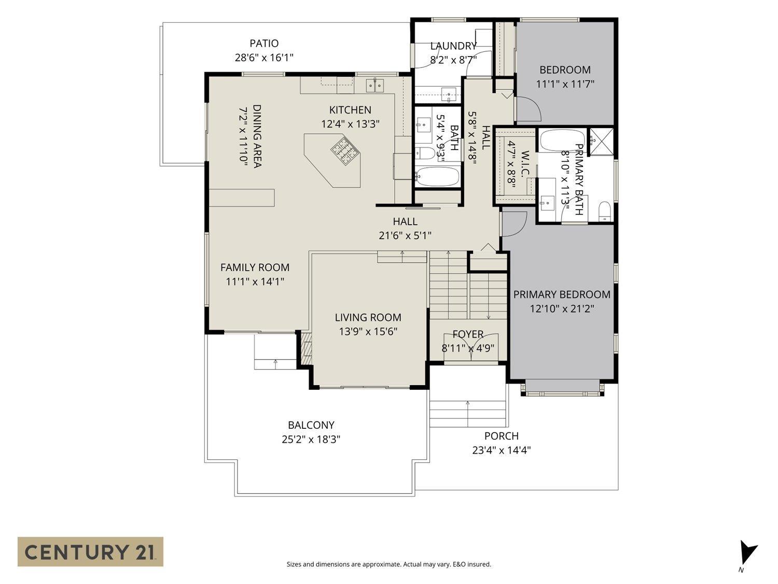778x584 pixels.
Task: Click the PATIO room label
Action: coord(264,43)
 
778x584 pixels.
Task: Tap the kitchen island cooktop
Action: coord(345,152)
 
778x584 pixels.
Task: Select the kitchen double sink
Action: coord(374,85)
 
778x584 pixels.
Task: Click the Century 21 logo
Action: coord(90,551)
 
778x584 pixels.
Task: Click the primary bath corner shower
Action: coord(601,142)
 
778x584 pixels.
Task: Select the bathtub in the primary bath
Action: coord(563,141)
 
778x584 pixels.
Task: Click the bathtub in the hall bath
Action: coord(437,176)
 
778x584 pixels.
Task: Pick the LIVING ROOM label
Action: coord(368,317)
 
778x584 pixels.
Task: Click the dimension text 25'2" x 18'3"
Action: coord(311,439)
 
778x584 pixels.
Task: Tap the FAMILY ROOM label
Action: coord(255,267)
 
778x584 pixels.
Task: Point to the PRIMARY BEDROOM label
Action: coord(562,294)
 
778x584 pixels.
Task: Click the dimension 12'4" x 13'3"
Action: coord(350,124)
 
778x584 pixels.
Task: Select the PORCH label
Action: coord(501,436)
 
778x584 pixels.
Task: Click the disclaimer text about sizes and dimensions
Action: coord(389,564)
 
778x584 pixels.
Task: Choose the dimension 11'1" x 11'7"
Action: coord(565,84)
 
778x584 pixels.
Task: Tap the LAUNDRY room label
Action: coord(453,46)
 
